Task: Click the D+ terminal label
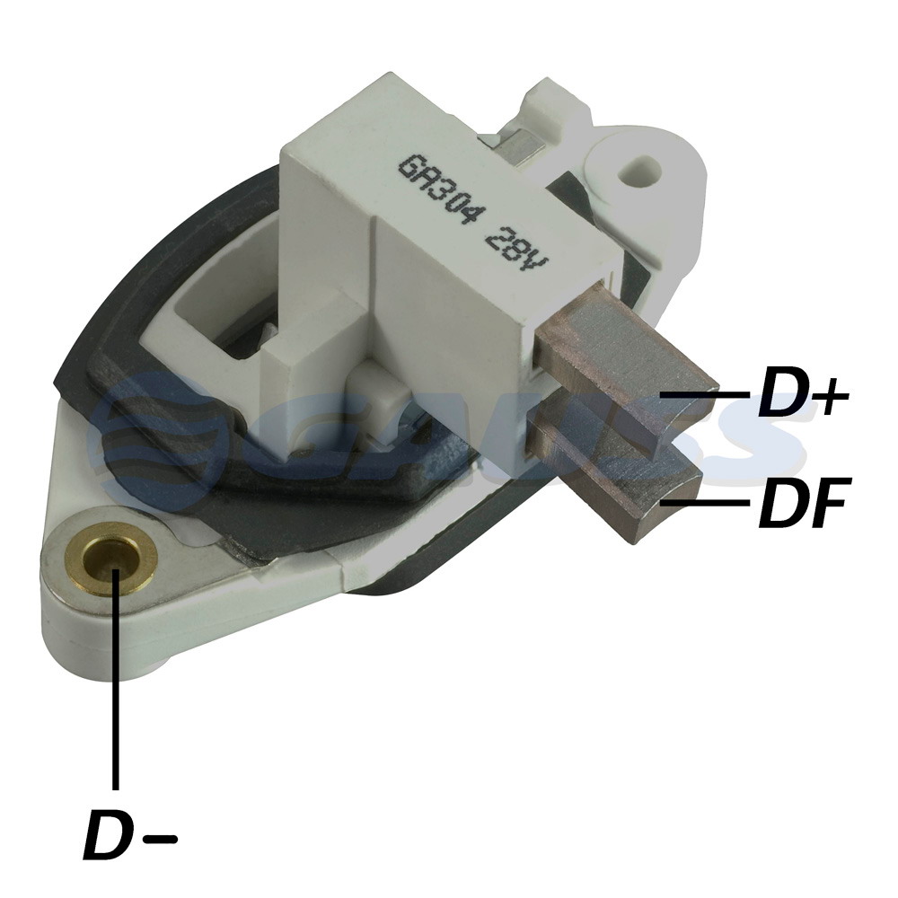click(802, 396)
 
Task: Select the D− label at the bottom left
click(130, 833)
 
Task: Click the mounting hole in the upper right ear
click(639, 168)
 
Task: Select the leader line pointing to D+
click(704, 395)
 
